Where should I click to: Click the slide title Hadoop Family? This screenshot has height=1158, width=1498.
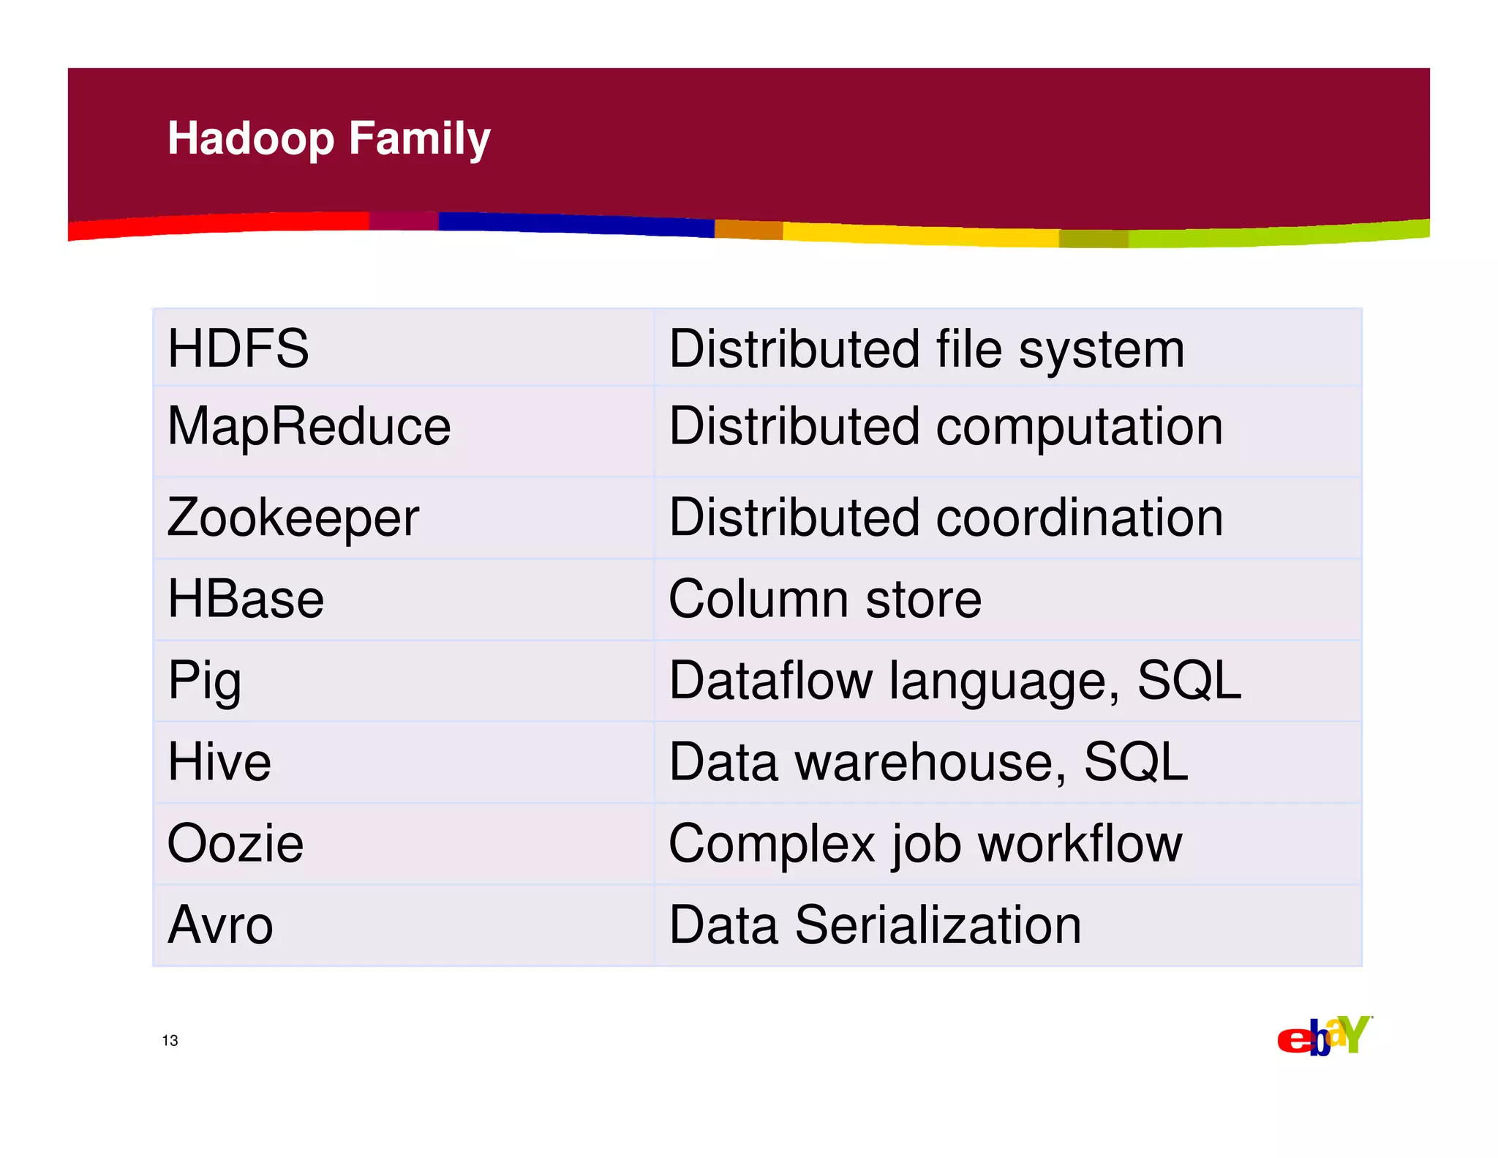tap(328, 138)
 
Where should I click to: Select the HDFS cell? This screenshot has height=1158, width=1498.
tap(238, 348)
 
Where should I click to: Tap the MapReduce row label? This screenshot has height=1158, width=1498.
tap(309, 426)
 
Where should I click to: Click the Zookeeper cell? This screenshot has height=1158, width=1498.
tap(293, 518)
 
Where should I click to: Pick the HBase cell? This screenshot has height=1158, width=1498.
tap(246, 599)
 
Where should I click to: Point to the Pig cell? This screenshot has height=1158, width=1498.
tap(204, 681)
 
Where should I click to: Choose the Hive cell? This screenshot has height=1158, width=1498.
tap(219, 762)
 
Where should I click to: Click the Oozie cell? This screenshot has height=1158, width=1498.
tap(235, 843)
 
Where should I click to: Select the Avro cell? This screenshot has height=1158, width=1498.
tap(220, 924)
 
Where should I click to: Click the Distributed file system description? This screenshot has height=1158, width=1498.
tap(926, 349)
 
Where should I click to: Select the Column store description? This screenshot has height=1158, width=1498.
tap(824, 599)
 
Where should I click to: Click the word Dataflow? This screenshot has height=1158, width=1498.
tap(770, 681)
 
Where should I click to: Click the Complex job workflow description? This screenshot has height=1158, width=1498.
tap(925, 843)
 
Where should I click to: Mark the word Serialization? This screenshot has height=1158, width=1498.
tap(938, 924)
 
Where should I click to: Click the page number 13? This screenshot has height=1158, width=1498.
tap(170, 1040)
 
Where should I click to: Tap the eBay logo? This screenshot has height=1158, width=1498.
tap(1324, 1036)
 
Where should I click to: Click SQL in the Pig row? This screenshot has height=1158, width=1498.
tap(1189, 681)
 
